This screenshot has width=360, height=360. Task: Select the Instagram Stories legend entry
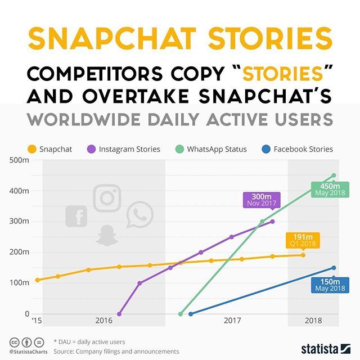pyautogui.click(x=124, y=149)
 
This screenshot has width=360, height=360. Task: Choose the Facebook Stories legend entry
pyautogui.click(x=298, y=149)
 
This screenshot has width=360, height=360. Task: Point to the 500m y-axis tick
pyautogui.click(x=20, y=160)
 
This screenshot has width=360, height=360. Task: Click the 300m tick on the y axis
pyautogui.click(x=20, y=221)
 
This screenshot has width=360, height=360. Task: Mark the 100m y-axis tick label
pyautogui.click(x=20, y=282)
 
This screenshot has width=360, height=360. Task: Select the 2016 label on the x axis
pyautogui.click(x=103, y=321)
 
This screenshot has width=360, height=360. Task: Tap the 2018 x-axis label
pyautogui.click(x=313, y=321)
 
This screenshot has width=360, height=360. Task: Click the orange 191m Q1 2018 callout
pyautogui.click(x=303, y=240)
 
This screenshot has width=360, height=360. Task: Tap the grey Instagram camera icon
pyautogui.click(x=107, y=198)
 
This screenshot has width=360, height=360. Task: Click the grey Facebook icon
pyautogui.click(x=76, y=216)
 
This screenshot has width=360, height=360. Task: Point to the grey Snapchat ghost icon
pyautogui.click(x=104, y=236)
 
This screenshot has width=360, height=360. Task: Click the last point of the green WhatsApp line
pyautogui.click(x=334, y=175)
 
